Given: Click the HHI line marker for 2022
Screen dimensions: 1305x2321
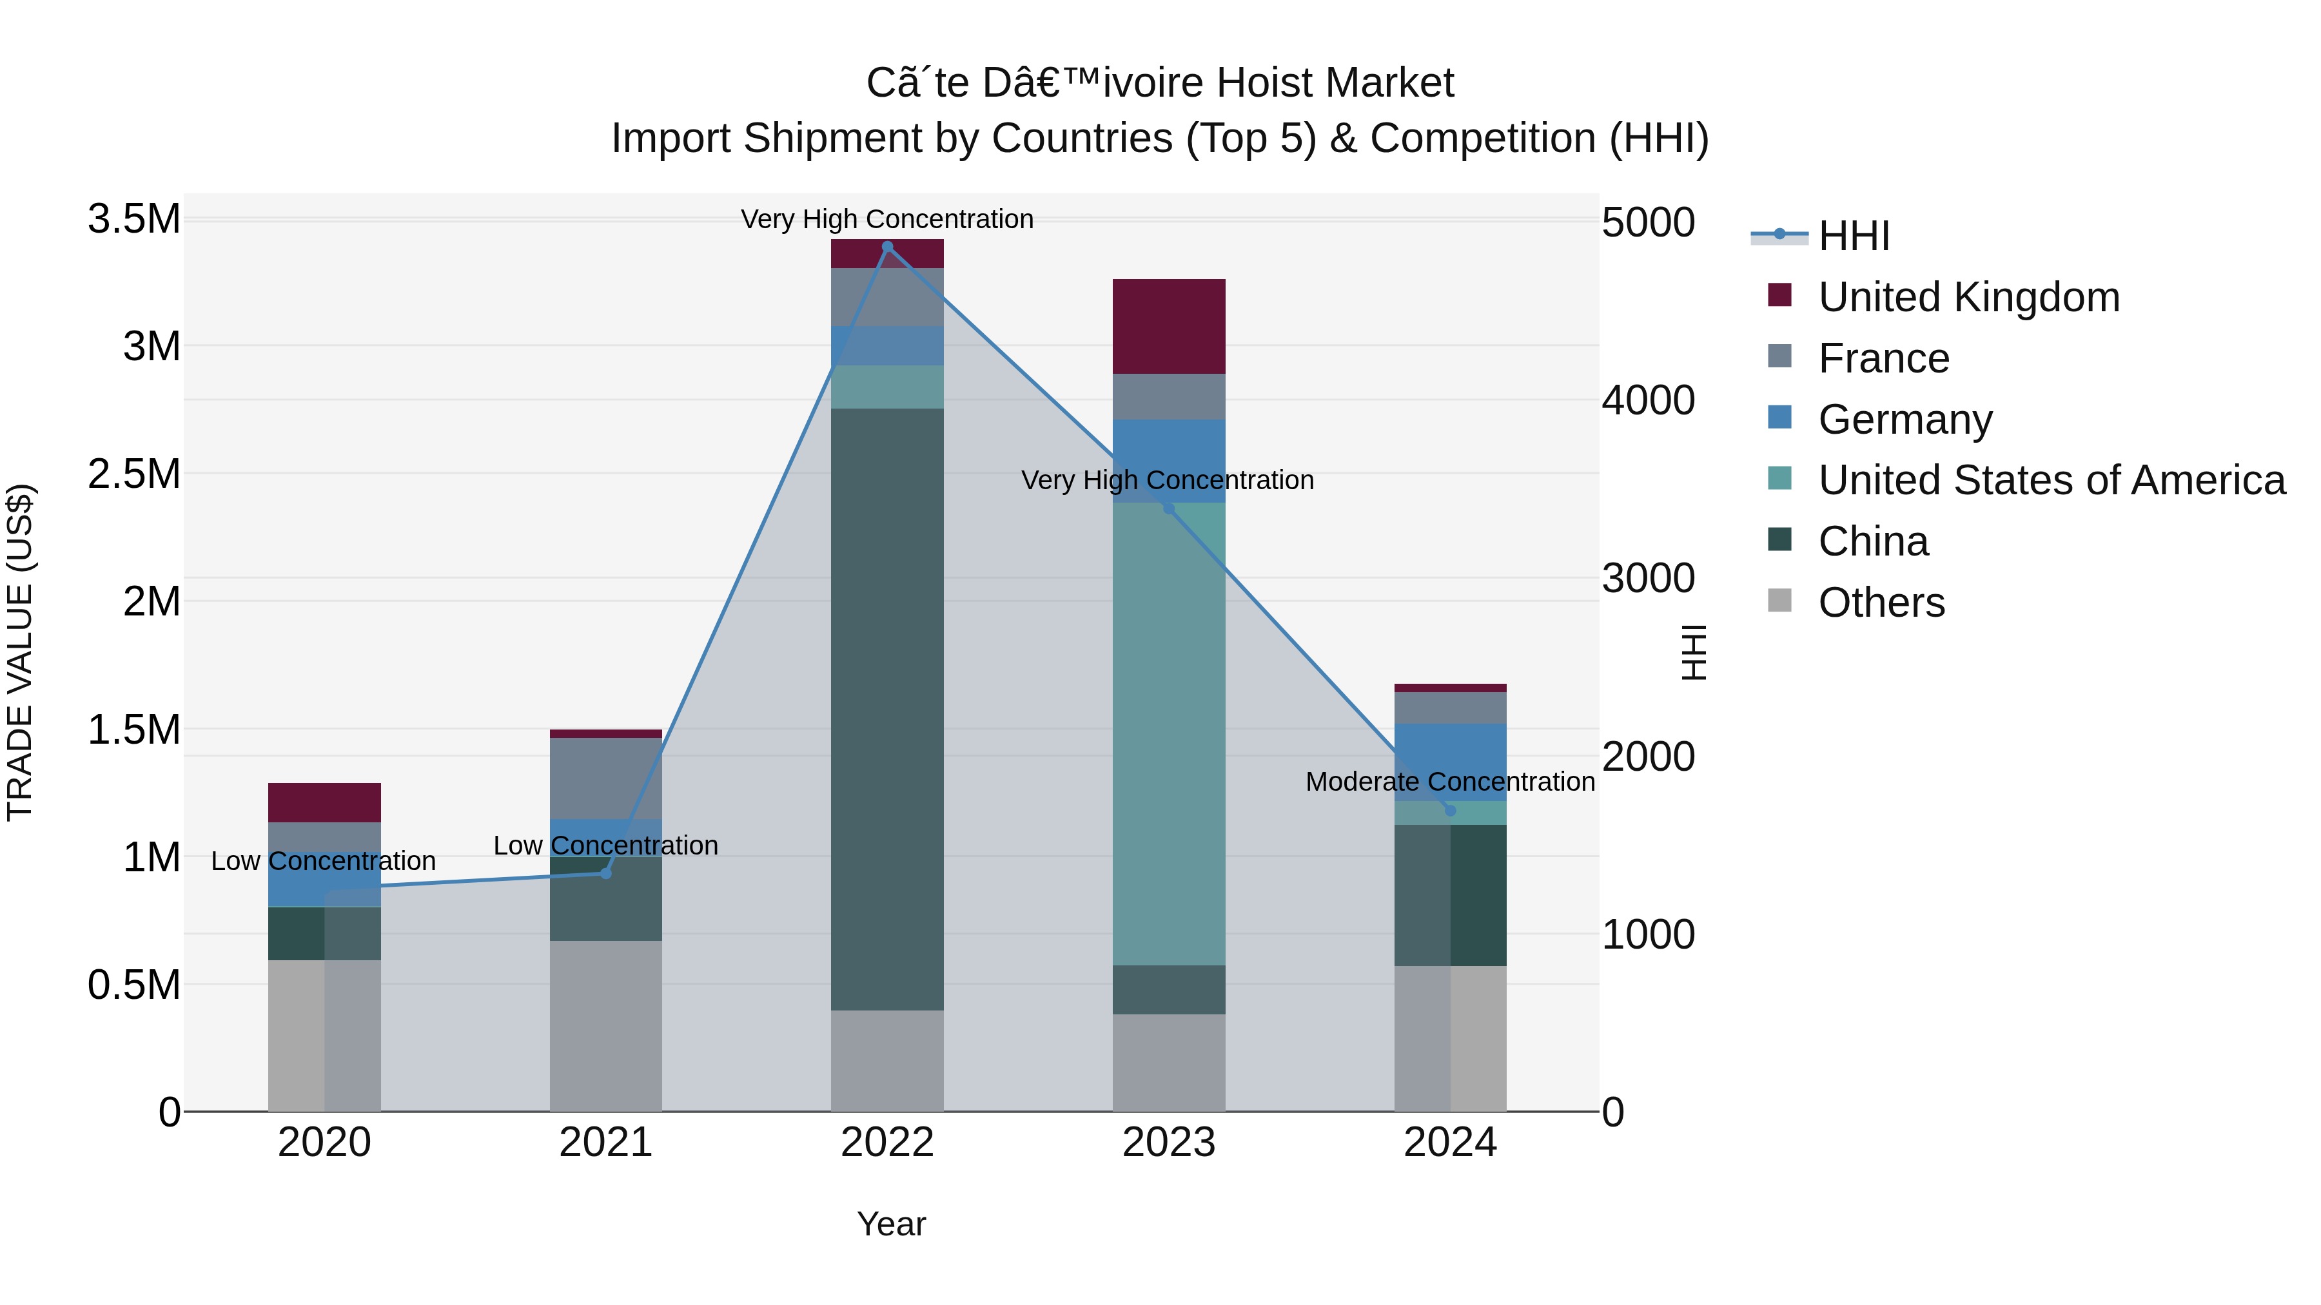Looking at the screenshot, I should tap(888, 247).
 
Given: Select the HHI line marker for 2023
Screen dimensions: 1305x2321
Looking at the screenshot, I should tap(1169, 508).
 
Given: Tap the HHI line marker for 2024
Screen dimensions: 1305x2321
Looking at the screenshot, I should tap(1450, 811).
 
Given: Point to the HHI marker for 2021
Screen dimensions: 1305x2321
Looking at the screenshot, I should tap(605, 873).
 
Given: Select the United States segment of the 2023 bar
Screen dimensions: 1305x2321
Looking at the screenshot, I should tap(1169, 733).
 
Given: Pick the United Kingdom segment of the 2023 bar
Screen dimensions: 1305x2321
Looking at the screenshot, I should tap(1169, 326).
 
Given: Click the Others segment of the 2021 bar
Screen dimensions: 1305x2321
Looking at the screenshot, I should tap(605, 1026).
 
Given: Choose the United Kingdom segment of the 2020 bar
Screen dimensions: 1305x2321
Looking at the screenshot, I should tap(324, 802).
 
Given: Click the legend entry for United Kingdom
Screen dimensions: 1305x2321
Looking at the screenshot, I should tap(1969, 297).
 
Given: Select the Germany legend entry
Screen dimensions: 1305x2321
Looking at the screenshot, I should tap(1905, 420).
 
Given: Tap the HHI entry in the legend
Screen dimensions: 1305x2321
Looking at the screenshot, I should tap(1854, 236).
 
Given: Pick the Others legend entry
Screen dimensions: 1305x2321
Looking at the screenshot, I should tap(1881, 603).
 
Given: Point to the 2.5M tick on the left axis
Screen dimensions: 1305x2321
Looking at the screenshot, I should tap(134, 474).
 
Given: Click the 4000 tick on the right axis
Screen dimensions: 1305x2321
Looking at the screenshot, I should tap(1648, 401).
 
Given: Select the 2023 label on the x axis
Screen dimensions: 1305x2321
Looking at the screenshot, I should tap(1169, 1143).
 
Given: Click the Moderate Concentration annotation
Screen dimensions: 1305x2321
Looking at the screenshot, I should tap(1450, 782).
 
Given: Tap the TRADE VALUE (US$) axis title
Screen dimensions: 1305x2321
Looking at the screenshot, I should tap(20, 652).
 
